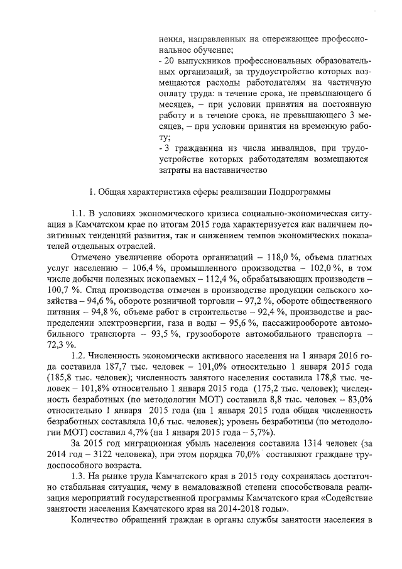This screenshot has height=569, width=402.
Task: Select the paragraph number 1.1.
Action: tap(80, 215)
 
